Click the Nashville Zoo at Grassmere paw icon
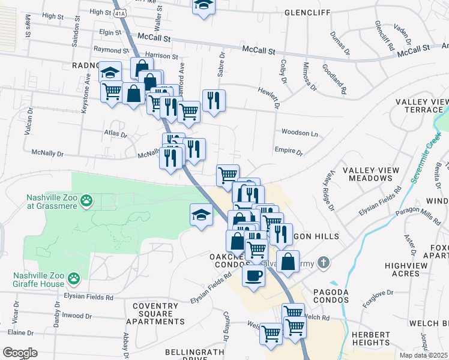(x=87, y=199)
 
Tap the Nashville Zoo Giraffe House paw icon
(x=74, y=278)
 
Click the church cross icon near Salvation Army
(x=323, y=262)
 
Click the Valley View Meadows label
(x=371, y=175)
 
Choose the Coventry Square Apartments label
(x=155, y=314)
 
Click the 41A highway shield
(x=119, y=11)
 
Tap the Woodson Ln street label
(x=299, y=133)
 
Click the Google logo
(x=20, y=352)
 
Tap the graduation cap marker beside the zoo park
(x=202, y=214)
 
